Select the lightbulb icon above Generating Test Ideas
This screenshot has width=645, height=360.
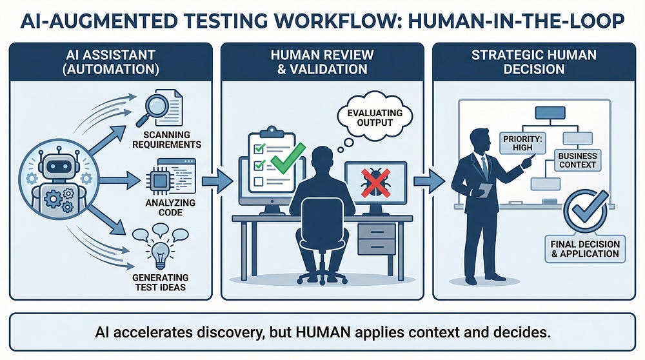[x=160, y=250]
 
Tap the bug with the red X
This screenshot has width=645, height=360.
[x=374, y=180]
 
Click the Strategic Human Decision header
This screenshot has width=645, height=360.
[x=535, y=61]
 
